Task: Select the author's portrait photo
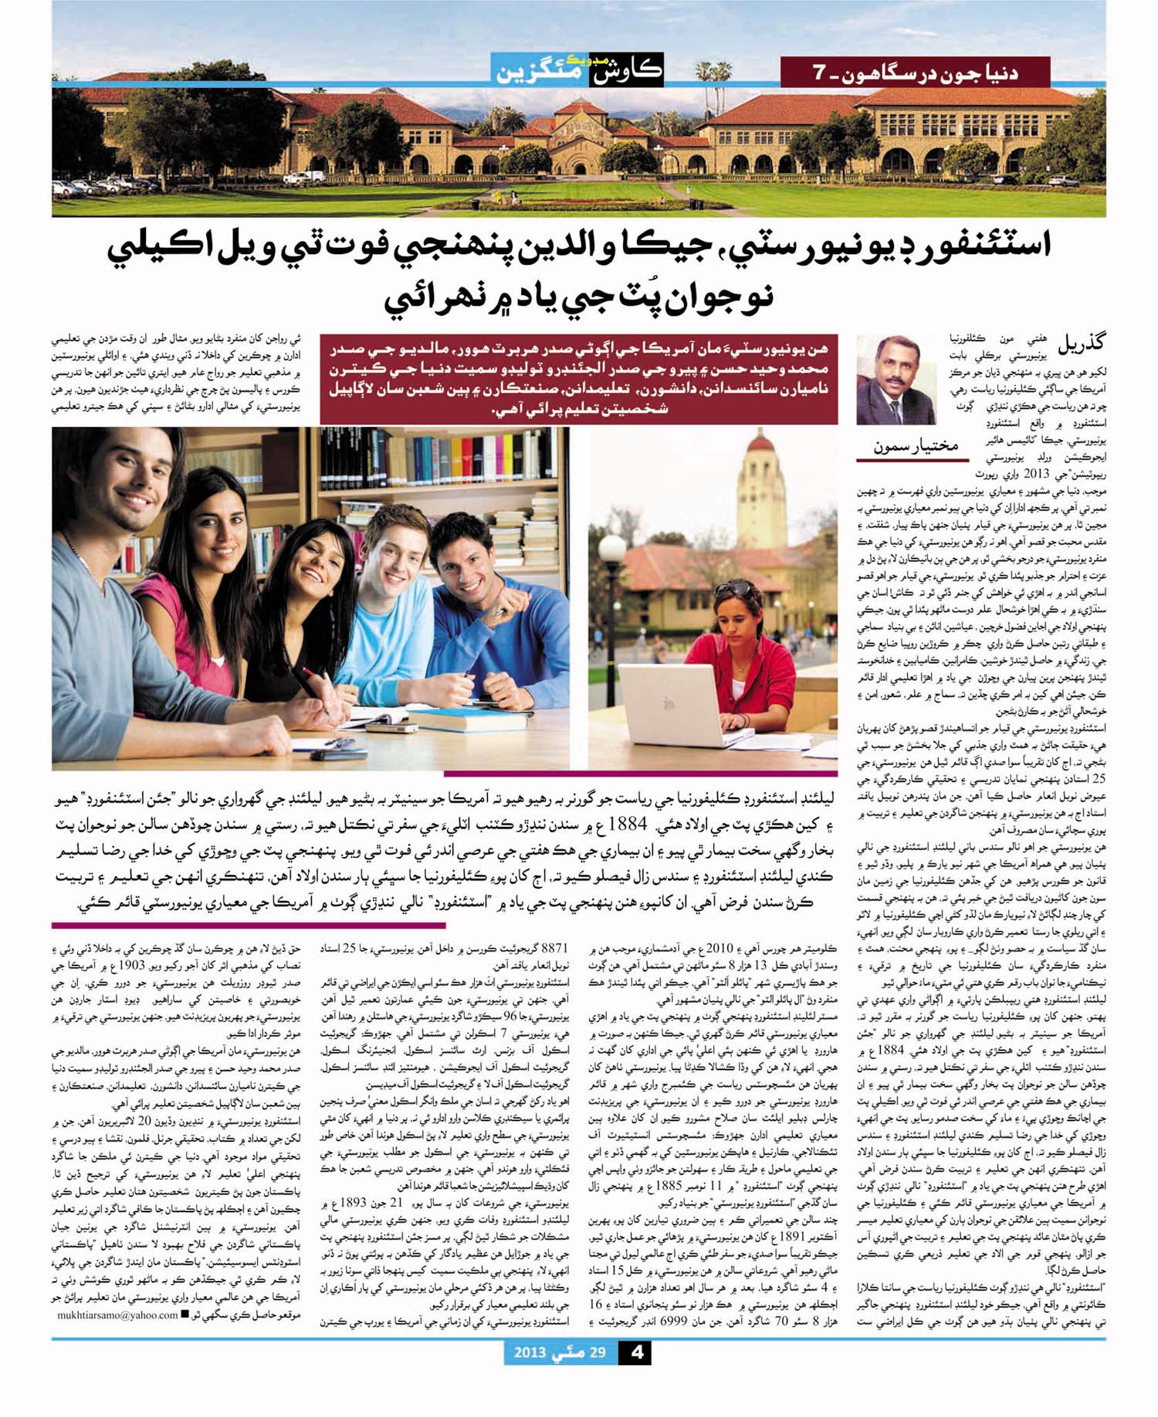coord(896,380)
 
